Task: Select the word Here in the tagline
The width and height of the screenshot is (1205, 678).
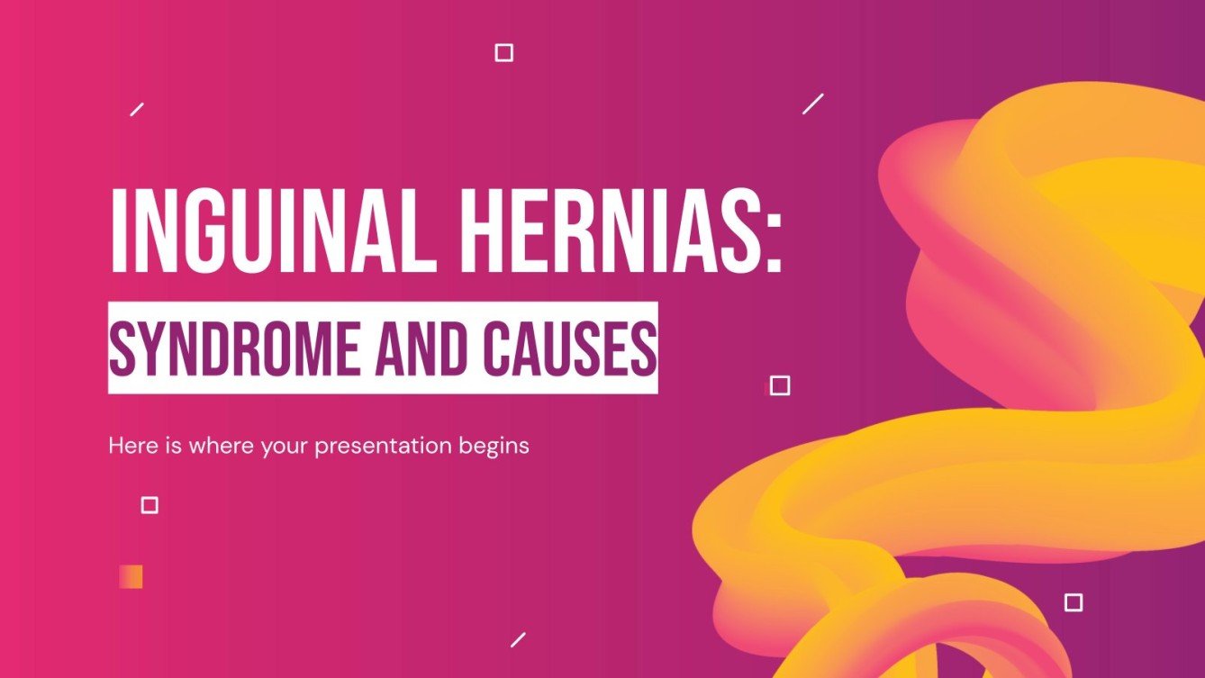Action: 129,445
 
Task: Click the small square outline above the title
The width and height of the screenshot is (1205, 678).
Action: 504,53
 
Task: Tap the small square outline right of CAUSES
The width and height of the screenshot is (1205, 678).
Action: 780,385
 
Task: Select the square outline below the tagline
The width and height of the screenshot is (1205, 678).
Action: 149,505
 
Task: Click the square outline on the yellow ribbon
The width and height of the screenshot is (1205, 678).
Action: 1074,602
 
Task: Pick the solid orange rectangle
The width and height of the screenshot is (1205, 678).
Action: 131,576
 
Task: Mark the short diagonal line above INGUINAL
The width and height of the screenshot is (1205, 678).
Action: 137,109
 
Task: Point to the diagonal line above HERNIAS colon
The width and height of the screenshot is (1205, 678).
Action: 813,104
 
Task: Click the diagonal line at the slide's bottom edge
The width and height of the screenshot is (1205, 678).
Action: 518,639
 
